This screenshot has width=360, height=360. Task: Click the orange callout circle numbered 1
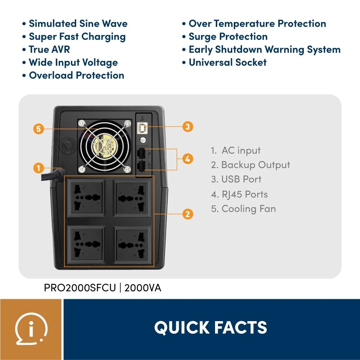click(38, 168)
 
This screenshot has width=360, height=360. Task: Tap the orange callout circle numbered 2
click(187, 214)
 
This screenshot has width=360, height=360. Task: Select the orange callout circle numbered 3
click(187, 127)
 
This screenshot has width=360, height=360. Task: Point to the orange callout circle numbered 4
click(187, 159)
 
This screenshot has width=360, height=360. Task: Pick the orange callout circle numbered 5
click(38, 129)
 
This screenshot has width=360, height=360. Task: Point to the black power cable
click(50, 176)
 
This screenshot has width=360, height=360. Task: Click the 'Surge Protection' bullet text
click(228, 37)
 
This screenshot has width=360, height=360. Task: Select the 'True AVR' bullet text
click(49, 50)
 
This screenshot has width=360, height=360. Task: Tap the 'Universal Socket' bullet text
click(228, 63)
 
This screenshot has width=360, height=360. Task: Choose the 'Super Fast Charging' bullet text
click(77, 37)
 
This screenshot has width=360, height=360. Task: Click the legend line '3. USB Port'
click(236, 179)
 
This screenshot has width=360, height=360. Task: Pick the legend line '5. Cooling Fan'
click(243, 209)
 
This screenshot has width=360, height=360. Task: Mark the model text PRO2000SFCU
click(80, 288)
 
